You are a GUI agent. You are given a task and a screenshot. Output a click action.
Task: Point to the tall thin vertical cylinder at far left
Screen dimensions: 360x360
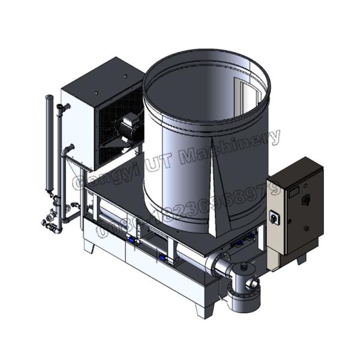click(49, 144)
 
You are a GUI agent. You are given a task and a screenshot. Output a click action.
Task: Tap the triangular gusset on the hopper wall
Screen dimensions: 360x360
click(215, 204)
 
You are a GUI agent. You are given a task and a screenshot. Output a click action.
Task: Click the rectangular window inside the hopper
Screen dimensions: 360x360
click(246, 96)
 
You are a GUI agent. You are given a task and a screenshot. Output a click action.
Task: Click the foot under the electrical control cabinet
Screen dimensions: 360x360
click(302, 259)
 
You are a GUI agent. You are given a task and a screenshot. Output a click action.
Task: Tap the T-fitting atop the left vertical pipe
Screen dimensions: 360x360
click(62, 108)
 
